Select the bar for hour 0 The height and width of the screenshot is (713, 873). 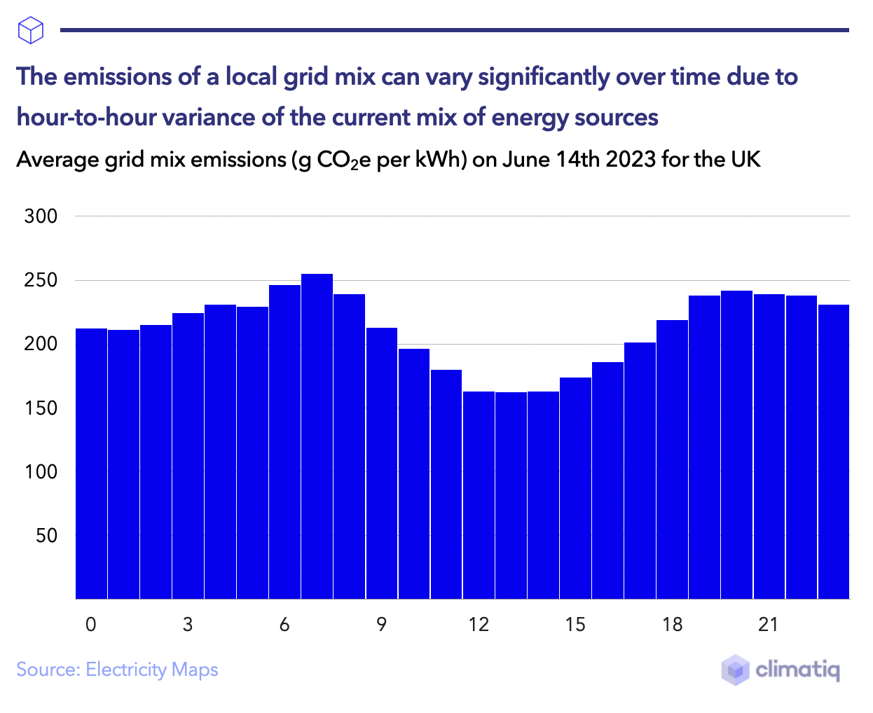pyautogui.click(x=91, y=463)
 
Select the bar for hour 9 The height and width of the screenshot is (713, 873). pyautogui.click(x=381, y=463)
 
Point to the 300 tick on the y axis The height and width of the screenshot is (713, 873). pyautogui.click(x=41, y=216)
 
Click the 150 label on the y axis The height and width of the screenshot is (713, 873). pyautogui.click(x=41, y=408)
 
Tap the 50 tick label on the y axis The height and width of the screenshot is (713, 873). pyautogui.click(x=46, y=536)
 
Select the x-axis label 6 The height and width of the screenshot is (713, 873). pyautogui.click(x=284, y=624)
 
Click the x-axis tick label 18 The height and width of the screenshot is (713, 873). pyautogui.click(x=672, y=624)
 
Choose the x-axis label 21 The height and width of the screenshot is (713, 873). pyautogui.click(x=769, y=624)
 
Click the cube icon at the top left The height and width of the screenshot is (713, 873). pyautogui.click(x=31, y=30)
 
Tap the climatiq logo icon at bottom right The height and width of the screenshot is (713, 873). pyautogui.click(x=735, y=670)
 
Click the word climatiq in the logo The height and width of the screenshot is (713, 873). pyautogui.click(x=797, y=670)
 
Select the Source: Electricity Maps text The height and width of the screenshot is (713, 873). pyautogui.click(x=117, y=670)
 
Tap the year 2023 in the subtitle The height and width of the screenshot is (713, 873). pyautogui.click(x=631, y=160)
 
